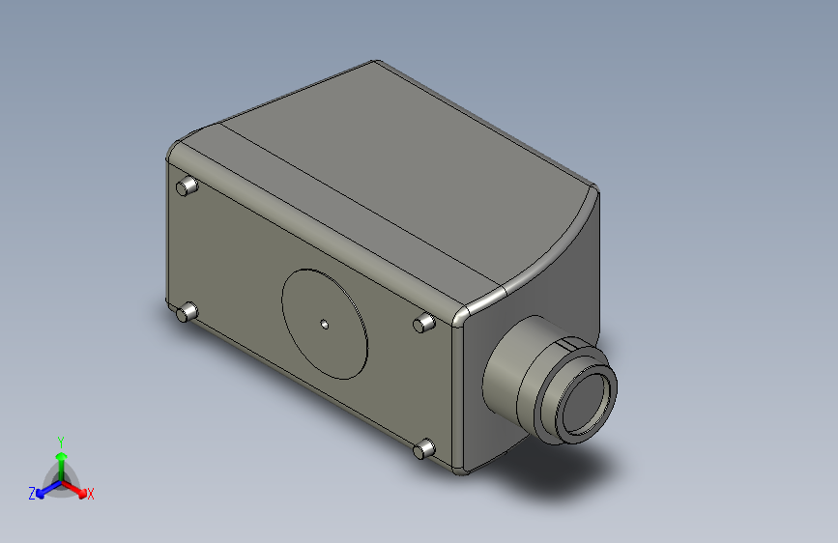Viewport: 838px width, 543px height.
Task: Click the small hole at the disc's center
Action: point(325,325)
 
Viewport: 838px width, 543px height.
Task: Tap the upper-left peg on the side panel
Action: point(188,186)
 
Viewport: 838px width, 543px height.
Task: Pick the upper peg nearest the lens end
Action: point(423,323)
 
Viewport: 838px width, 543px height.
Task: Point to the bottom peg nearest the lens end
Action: point(423,448)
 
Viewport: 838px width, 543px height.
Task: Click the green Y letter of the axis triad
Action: point(60,440)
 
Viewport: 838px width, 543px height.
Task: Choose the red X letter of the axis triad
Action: point(91,494)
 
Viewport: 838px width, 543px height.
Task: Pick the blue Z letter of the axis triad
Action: point(32,494)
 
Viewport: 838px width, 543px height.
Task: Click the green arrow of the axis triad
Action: point(61,458)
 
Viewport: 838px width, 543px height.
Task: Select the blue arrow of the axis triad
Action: point(44,488)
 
